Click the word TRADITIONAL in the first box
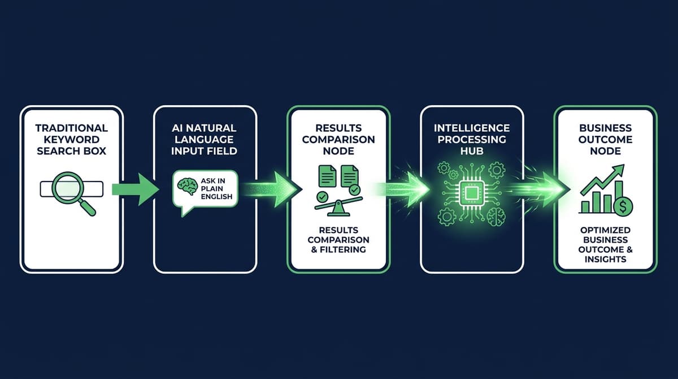[x=71, y=128]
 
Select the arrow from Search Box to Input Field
[x=136, y=189]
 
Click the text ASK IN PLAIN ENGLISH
[x=217, y=188]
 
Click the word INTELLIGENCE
[x=473, y=128]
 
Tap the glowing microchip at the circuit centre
[x=472, y=189]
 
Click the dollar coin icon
[x=623, y=206]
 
